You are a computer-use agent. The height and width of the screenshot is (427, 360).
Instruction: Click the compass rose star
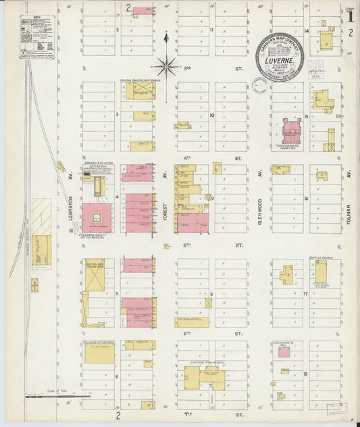pos(165,66)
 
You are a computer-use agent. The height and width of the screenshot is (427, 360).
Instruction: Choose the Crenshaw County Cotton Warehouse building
pos(97,218)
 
